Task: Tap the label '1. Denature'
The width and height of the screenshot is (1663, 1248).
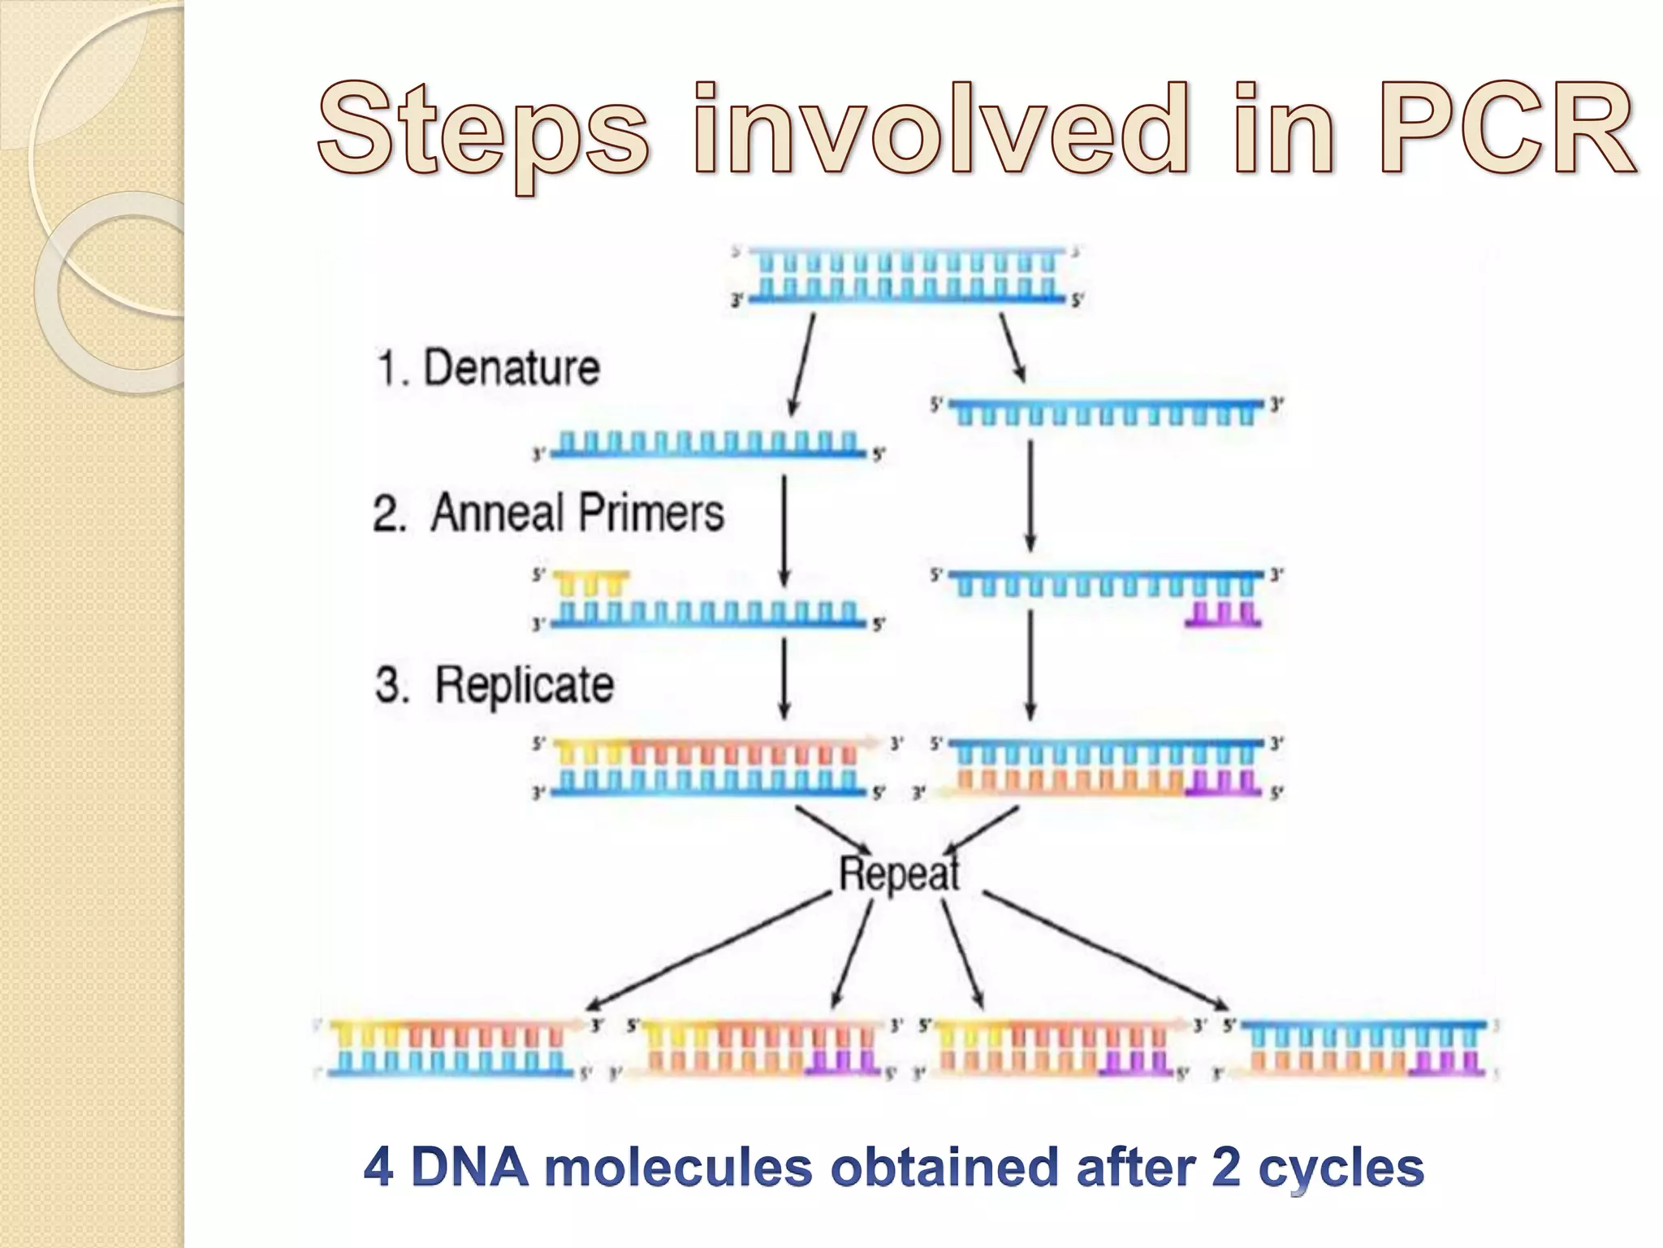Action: coord(487,367)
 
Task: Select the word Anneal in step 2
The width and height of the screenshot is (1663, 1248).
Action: coord(496,513)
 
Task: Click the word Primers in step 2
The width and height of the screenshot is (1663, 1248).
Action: coord(658,513)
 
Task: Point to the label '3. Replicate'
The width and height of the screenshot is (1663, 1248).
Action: coord(494,684)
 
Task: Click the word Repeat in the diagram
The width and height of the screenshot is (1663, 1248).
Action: coord(899,874)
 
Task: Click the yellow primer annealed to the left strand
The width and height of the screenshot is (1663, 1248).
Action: coord(590,583)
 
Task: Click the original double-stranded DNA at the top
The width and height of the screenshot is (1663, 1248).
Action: coord(907,275)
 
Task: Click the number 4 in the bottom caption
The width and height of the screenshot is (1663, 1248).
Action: coord(378,1168)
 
